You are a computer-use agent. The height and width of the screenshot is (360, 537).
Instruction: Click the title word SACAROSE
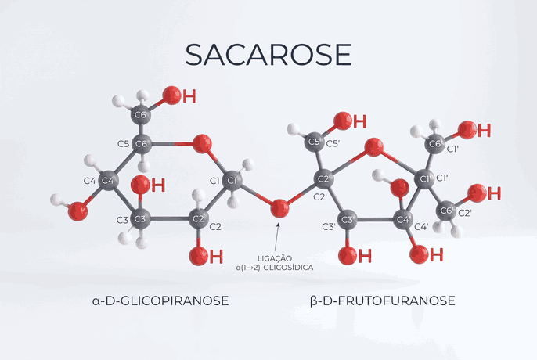(268, 55)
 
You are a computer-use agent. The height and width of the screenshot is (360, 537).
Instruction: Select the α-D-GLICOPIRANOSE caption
(160, 301)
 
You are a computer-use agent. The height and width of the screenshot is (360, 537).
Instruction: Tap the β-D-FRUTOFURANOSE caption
(383, 301)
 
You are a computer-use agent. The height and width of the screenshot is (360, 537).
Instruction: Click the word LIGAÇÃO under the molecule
(275, 258)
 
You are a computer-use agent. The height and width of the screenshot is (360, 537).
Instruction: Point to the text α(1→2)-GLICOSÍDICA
(275, 268)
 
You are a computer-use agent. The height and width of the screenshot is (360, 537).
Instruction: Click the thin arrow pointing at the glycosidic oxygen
(276, 237)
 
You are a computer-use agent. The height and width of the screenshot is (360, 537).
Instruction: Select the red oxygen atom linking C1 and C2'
(279, 208)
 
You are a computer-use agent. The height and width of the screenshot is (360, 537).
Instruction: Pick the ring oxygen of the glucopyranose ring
(202, 143)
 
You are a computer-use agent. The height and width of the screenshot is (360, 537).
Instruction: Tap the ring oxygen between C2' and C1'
(373, 147)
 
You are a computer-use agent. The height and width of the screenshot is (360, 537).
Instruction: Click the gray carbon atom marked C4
(108, 180)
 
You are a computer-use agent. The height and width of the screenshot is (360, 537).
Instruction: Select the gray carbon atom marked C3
(140, 219)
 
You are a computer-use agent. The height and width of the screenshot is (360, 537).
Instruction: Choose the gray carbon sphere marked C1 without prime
(232, 180)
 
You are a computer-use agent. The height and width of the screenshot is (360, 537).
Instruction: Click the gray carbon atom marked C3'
(348, 220)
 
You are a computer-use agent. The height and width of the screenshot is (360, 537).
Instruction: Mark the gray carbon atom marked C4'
(402, 220)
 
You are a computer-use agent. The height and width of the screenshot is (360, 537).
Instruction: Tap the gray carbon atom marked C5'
(314, 142)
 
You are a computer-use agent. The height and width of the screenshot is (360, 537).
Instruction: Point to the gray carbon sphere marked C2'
(323, 178)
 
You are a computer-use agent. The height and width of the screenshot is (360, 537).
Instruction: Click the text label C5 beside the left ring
(124, 143)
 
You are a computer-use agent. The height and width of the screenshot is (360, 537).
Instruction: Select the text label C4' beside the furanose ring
(421, 226)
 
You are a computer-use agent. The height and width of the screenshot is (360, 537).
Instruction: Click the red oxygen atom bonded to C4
(78, 211)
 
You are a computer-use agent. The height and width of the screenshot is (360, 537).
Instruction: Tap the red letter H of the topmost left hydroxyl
(189, 96)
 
